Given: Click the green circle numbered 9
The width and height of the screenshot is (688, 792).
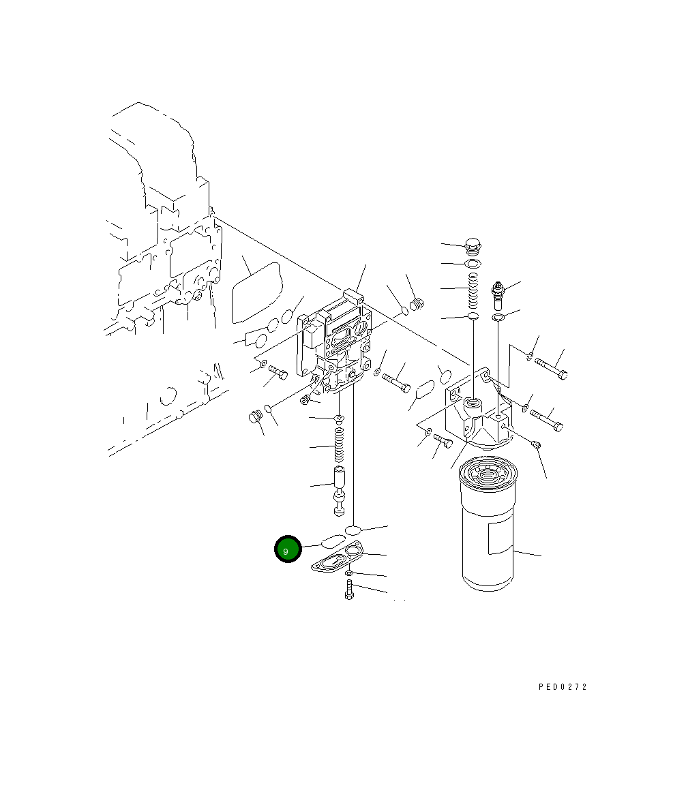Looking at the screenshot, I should [288, 549].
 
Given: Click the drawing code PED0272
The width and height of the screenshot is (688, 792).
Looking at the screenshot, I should [562, 686].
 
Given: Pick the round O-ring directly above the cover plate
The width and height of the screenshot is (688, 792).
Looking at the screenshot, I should [353, 530].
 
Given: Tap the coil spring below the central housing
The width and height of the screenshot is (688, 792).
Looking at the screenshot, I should [339, 444].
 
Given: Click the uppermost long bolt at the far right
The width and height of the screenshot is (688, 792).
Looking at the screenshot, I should [551, 368].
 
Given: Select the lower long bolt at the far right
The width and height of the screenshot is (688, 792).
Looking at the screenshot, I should [546, 419].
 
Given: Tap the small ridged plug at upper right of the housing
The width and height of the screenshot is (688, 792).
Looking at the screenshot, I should [417, 304].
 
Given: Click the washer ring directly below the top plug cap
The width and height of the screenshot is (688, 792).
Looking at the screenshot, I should [472, 264].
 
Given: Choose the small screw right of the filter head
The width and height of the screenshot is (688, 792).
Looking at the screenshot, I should [536, 445].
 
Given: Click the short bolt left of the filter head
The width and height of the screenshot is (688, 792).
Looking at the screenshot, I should [443, 441].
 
